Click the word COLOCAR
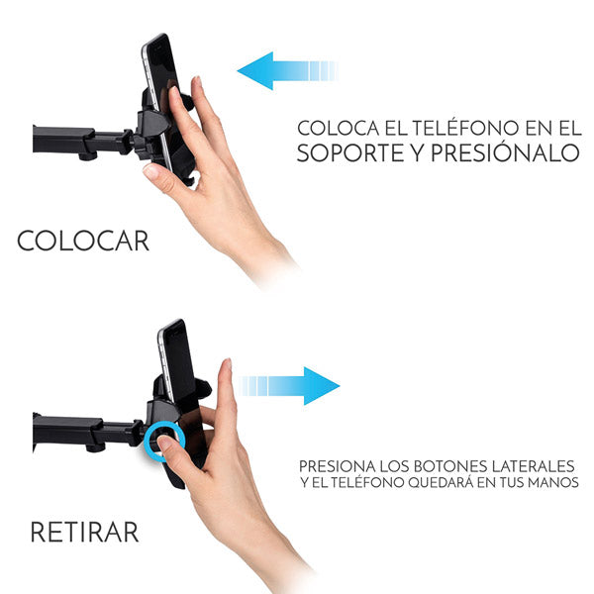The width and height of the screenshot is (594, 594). point(83,241)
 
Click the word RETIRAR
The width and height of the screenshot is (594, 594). point(84,532)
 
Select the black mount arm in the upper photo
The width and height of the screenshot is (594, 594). point(69,139)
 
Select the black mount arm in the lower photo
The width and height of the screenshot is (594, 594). point(74,431)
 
